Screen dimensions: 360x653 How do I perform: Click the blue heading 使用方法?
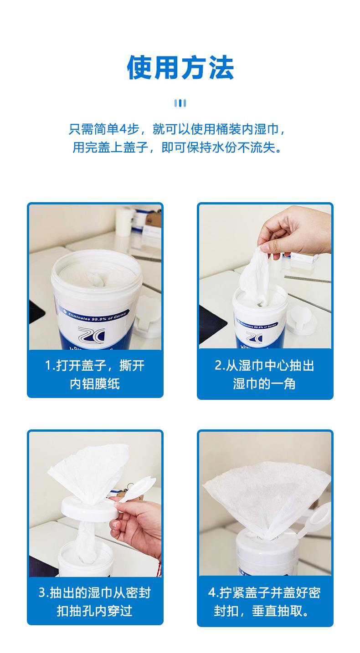pyautogui.click(x=180, y=68)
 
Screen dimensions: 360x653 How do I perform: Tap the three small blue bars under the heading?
pyautogui.click(x=180, y=103)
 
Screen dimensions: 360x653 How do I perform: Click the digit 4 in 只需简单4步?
pyautogui.click(x=123, y=129)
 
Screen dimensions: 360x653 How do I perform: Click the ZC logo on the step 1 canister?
pyautogui.click(x=91, y=334)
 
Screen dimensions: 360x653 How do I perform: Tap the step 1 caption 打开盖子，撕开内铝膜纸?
pyautogui.click(x=95, y=374)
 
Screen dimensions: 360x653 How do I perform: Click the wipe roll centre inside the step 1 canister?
pyautogui.click(x=96, y=280)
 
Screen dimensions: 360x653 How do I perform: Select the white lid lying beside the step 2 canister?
pyautogui.click(x=302, y=320)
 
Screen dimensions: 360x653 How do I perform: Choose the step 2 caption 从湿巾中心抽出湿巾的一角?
pyautogui.click(x=264, y=374)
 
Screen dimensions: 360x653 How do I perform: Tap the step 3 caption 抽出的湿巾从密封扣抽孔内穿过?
pyautogui.click(x=95, y=602)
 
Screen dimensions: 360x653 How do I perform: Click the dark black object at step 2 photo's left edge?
pyautogui.click(x=212, y=324)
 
